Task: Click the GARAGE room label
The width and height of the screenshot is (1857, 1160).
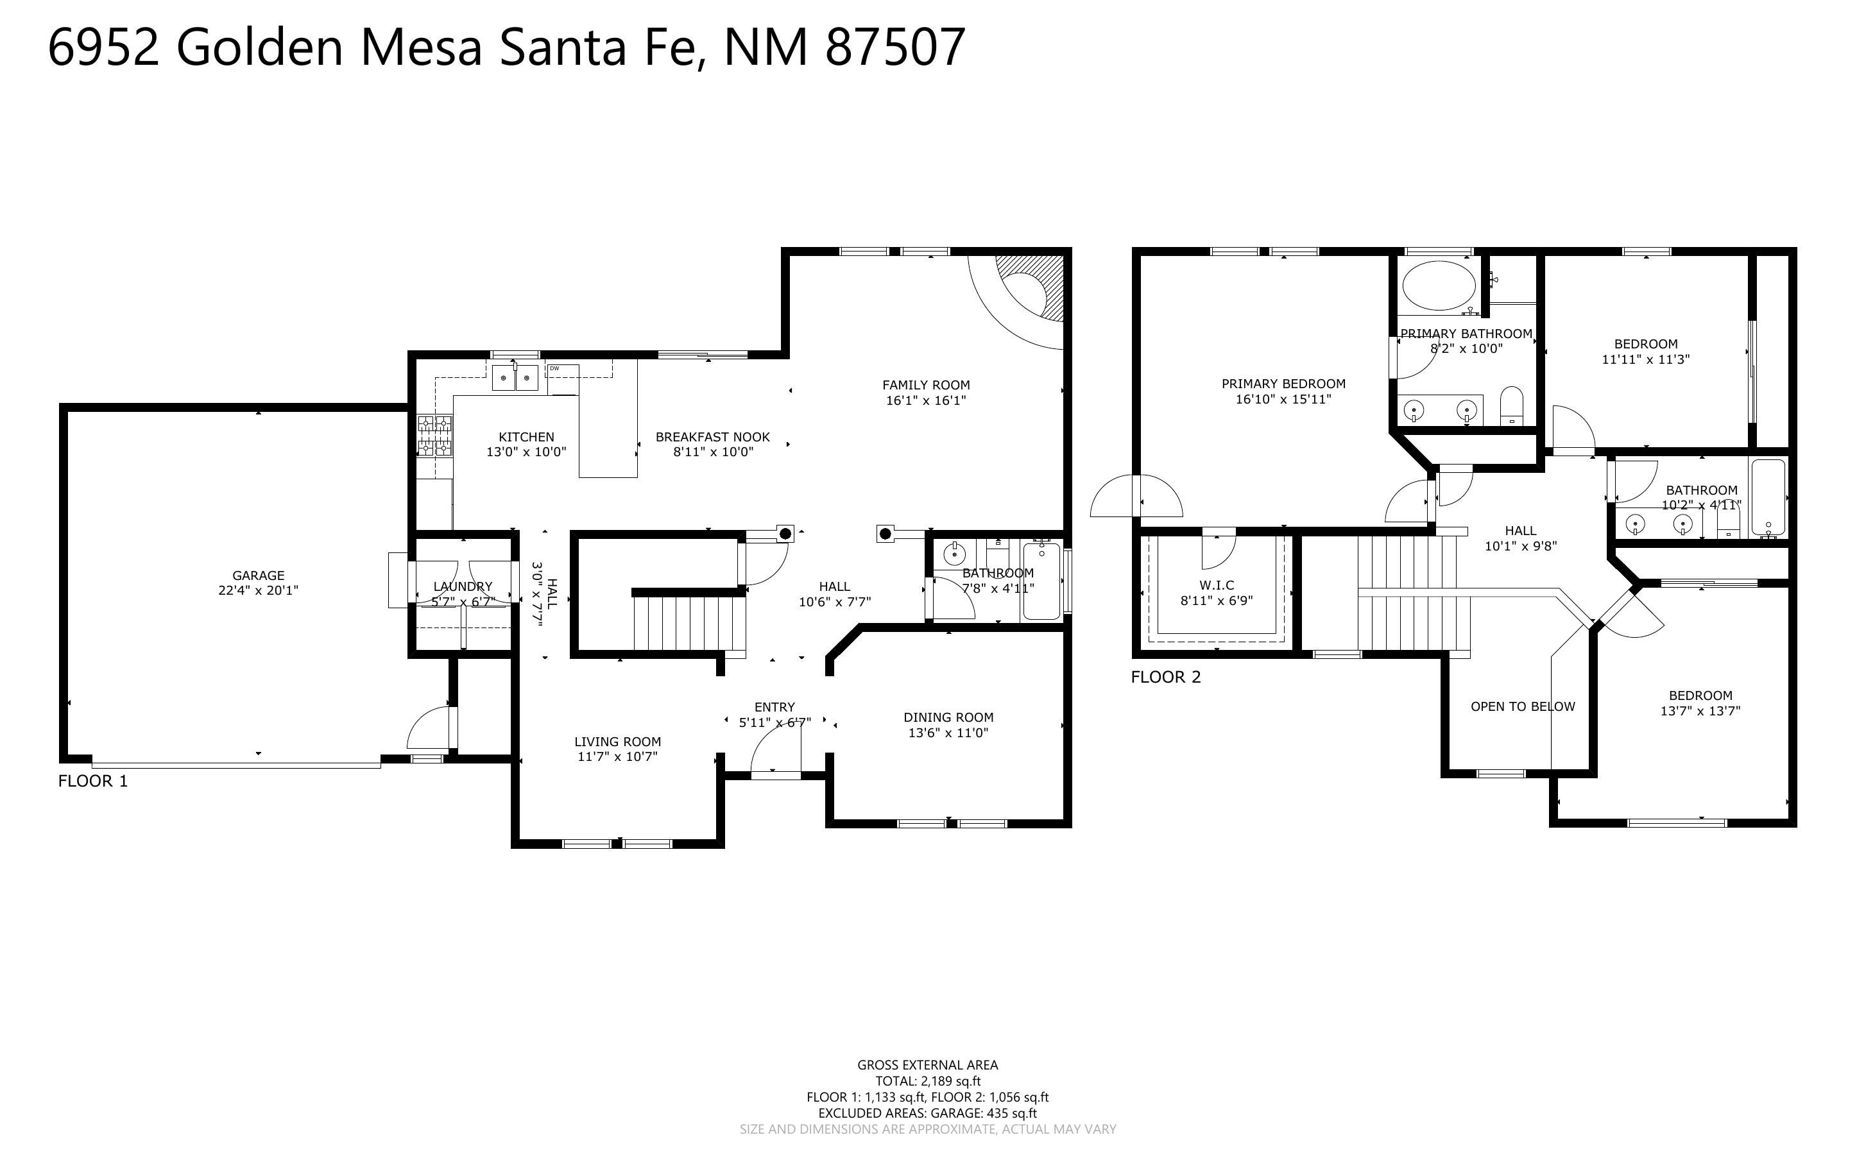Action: pyautogui.click(x=258, y=576)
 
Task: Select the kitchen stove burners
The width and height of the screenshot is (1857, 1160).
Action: pyautogui.click(x=434, y=436)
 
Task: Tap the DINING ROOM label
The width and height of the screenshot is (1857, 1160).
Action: pyautogui.click(x=948, y=717)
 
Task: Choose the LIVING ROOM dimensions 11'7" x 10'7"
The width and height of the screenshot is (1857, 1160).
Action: pyautogui.click(x=617, y=757)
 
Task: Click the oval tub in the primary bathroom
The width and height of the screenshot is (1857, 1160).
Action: pyautogui.click(x=1438, y=286)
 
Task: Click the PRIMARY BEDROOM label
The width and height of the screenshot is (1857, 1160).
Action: pyautogui.click(x=1283, y=384)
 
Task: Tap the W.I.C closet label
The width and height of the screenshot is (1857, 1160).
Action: pyautogui.click(x=1217, y=585)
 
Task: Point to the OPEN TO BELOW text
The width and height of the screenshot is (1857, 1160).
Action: pyautogui.click(x=1523, y=706)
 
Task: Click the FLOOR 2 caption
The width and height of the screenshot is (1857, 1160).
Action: pyautogui.click(x=1165, y=677)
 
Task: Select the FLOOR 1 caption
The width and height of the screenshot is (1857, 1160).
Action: pyautogui.click(x=93, y=781)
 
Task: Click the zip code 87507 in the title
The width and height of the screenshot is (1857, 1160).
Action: pyautogui.click(x=894, y=47)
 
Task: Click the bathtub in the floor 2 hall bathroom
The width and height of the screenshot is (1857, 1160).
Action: pyautogui.click(x=1768, y=497)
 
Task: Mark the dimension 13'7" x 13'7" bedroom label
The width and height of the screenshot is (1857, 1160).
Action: pyautogui.click(x=1700, y=711)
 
